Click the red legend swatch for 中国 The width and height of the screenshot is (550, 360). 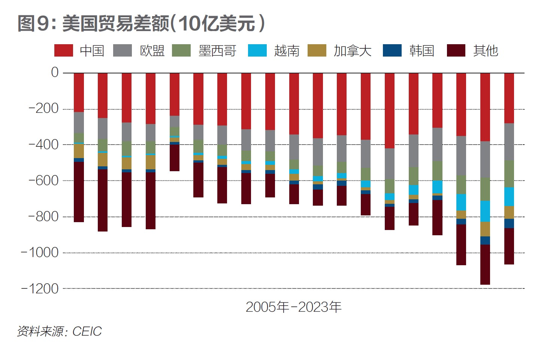[x=64, y=51]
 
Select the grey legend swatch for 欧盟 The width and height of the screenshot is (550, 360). [x=123, y=51]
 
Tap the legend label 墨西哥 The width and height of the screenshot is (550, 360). [x=217, y=51]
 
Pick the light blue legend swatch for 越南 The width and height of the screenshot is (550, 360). [x=257, y=51]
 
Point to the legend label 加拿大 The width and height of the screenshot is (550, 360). [x=352, y=51]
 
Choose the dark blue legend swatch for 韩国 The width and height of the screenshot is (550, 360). [x=392, y=51]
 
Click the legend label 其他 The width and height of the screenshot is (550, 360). [x=486, y=51]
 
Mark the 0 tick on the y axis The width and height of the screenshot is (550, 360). [x=55, y=72]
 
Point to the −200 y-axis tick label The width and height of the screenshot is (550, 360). [x=44, y=109]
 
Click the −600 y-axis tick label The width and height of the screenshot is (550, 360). [x=44, y=181]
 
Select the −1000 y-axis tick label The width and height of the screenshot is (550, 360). [x=40, y=253]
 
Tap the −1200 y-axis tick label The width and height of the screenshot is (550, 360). [x=40, y=289]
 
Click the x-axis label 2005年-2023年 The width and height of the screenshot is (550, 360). [x=293, y=307]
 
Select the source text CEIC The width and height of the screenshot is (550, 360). [x=87, y=332]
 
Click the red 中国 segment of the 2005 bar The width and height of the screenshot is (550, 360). [x=79, y=92]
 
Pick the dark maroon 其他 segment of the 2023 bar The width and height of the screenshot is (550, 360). [x=509, y=246]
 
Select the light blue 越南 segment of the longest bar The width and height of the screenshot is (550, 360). [x=485, y=211]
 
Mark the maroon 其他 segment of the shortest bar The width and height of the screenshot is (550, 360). [x=175, y=158]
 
